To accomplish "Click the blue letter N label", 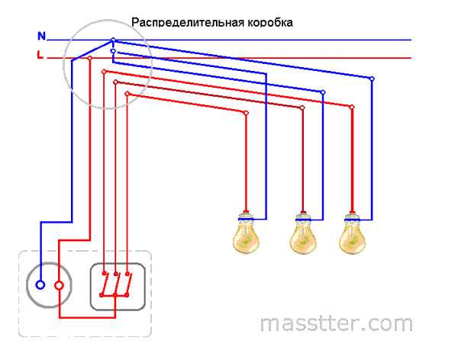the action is [42, 36].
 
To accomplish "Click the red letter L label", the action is [40, 55].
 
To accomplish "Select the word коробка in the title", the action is [270, 22].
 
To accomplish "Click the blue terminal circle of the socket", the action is [40, 285].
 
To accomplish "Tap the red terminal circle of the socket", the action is [59, 285].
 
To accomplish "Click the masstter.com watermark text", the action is [336, 323].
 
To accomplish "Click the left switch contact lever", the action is [103, 284].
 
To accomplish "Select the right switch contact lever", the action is [128, 284].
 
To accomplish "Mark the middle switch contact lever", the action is [116, 284].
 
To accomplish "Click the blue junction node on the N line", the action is [113, 40].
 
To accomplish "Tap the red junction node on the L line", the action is [89, 58].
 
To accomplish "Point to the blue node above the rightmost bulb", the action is [372, 79].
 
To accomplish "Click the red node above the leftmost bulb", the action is [247, 113].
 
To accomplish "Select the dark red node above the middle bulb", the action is [302, 108].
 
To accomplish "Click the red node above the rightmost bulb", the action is [352, 107].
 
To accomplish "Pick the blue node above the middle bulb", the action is [323, 92].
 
